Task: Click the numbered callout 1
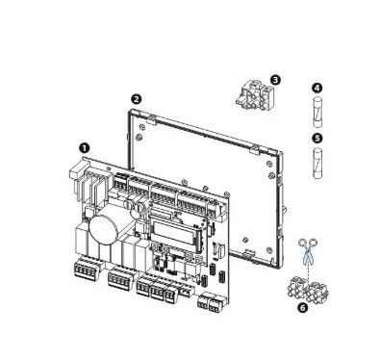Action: coord(84,148)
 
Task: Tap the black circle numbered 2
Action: coord(137,99)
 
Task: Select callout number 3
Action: coord(275,80)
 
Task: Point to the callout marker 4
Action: coord(317,88)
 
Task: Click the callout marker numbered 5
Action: coord(317,139)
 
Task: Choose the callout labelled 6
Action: coord(302,307)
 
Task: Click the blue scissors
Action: coord(308,251)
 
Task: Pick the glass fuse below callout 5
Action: coord(317,163)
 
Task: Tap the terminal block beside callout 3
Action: coord(255,95)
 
